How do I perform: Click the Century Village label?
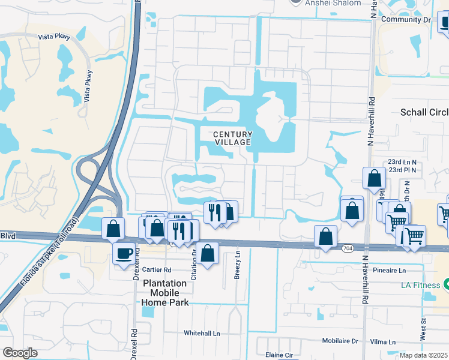click(232, 138)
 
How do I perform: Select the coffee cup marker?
click(124, 254)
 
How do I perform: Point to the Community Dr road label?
click(406, 20)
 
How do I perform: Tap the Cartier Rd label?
click(157, 270)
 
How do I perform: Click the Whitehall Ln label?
click(202, 333)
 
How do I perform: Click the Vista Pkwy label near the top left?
click(54, 37)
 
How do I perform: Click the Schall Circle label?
click(424, 113)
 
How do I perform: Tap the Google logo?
click(20, 353)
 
